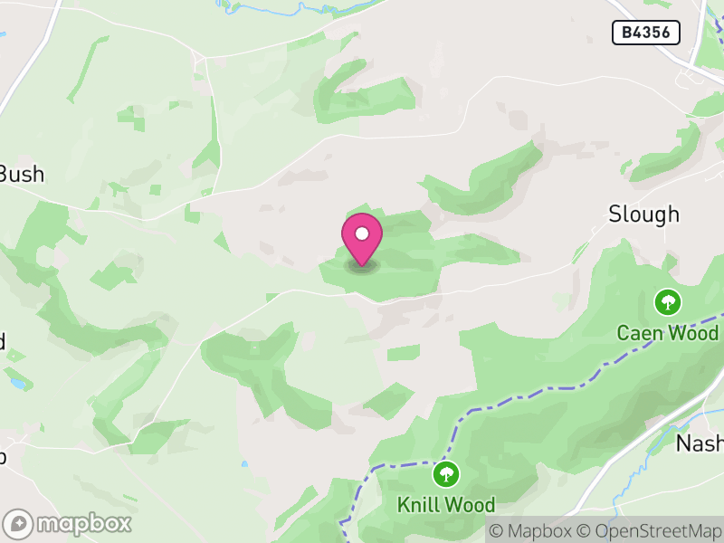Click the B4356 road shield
click(646, 33)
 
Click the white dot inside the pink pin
click(362, 233)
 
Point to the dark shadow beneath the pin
click(362, 266)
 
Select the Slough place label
click(643, 214)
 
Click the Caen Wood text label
click(668, 333)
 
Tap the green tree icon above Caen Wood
click(668, 301)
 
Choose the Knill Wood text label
click(446, 505)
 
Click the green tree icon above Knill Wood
click(445, 473)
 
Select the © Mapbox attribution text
click(531, 531)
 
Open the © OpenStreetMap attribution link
click(649, 531)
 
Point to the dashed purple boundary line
click(543, 391)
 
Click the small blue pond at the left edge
click(18, 384)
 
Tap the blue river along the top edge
click(271, 10)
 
